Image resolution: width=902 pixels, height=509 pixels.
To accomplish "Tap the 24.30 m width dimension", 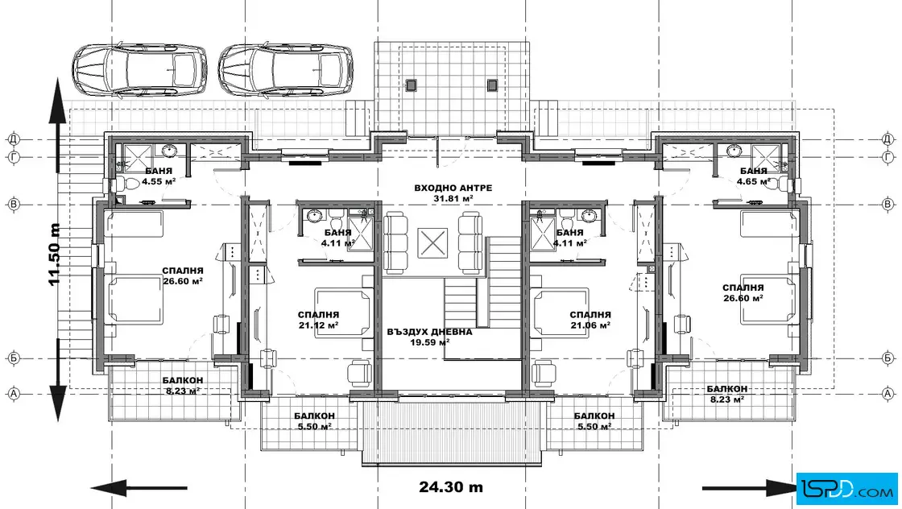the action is tap(451, 487).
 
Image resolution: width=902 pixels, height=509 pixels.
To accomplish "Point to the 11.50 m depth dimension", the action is tap(55, 254).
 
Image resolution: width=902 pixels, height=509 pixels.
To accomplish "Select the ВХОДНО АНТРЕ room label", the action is tap(453, 188).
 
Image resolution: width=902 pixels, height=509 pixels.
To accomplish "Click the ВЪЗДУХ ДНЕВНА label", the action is tap(430, 332).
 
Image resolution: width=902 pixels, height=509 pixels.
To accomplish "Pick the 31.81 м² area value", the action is tap(453, 199).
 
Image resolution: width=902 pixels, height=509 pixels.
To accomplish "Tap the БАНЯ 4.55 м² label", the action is tap(159, 176).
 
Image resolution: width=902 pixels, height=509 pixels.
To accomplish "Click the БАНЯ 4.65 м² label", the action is tap(754, 176).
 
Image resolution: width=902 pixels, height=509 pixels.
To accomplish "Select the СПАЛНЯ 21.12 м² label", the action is tap(318, 320).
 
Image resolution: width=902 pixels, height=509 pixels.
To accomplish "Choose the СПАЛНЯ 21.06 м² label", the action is tap(590, 320).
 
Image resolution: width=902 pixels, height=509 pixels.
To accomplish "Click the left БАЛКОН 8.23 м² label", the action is tap(182, 385).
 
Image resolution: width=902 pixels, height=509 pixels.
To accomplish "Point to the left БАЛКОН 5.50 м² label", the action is tap(314, 421).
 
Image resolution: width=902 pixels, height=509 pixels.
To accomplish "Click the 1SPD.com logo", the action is tap(847, 490).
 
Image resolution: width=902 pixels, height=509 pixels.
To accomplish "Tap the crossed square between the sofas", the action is tap(432, 242).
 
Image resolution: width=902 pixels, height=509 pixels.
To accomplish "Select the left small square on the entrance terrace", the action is tap(411, 85).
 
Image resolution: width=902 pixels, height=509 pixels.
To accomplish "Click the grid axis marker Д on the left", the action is tap(14, 139).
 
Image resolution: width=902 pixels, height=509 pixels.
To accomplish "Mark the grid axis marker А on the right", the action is tap(888, 394).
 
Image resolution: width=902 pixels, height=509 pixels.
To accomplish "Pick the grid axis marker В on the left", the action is tap(14, 205).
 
